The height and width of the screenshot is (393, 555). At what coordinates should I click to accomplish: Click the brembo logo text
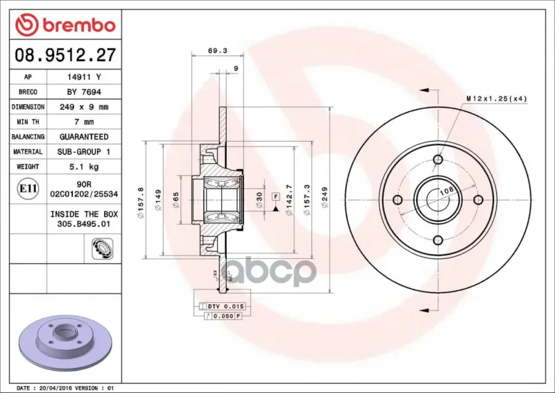(x=79, y=26)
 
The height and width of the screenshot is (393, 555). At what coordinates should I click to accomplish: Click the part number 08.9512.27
(x=65, y=56)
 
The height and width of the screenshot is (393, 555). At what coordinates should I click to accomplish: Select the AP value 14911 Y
(x=84, y=77)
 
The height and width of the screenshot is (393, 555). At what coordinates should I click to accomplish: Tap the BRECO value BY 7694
(x=84, y=92)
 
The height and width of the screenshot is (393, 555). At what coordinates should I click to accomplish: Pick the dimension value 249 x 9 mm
(x=84, y=107)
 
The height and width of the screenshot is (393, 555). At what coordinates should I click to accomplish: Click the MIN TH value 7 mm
(x=84, y=122)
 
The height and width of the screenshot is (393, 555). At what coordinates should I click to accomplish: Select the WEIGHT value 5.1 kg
(x=84, y=167)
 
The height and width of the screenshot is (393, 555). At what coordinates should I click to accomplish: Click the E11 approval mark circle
(x=28, y=189)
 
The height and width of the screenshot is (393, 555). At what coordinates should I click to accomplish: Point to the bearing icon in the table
(x=102, y=249)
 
